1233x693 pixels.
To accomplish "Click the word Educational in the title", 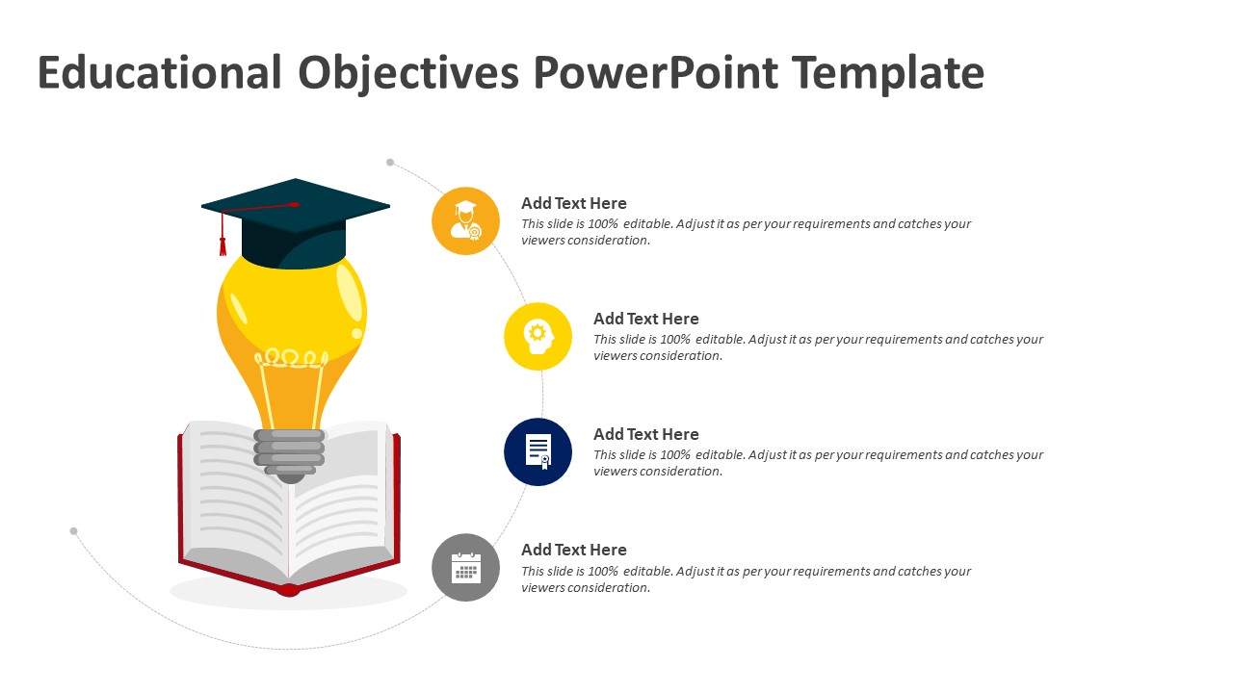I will [160, 73].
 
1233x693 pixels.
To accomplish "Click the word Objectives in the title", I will [408, 73].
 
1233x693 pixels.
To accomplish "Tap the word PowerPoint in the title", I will [655, 73].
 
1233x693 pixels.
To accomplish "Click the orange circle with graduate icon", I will [465, 220].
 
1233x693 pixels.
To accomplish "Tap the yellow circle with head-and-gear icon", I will [538, 336].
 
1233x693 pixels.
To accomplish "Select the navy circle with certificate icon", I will [538, 451].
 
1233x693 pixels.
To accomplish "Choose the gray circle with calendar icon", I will [465, 567].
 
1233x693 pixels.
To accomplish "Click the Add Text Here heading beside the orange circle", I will [573, 203].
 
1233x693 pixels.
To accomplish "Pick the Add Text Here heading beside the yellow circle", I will [645, 319].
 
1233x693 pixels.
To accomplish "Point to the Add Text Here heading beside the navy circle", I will [645, 434].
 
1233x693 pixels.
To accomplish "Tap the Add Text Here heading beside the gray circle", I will [573, 550].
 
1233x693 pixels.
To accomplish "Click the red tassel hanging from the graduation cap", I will [223, 244].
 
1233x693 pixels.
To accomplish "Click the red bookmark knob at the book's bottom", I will [287, 589].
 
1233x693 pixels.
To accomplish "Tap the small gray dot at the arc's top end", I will [390, 163].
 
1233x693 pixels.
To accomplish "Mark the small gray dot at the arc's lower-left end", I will [73, 530].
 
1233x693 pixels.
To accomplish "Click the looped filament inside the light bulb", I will [290, 359].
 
